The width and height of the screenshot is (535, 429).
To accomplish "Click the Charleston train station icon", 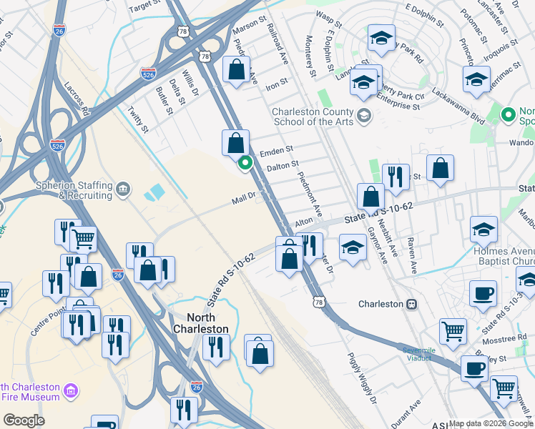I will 411,304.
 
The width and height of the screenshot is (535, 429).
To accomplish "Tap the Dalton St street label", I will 282,166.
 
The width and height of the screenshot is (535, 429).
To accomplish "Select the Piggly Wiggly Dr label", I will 361,378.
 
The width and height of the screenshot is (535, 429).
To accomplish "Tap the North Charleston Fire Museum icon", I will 71,391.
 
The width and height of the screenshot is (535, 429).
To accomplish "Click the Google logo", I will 24,420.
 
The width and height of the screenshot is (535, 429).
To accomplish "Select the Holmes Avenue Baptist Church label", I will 504,257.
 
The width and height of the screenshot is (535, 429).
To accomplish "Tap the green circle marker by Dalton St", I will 245,164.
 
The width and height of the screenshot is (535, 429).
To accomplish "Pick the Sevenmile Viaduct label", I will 418,354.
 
